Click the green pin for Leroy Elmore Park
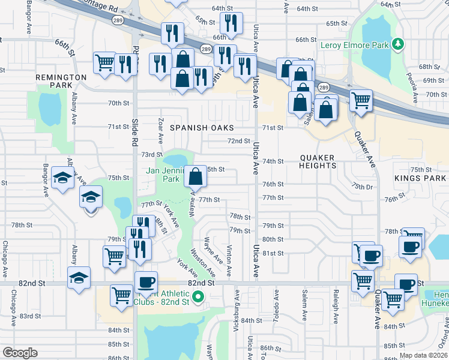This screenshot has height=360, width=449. point(397,44)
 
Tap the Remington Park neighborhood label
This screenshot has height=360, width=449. point(61,82)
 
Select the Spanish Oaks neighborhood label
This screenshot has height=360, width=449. point(201,128)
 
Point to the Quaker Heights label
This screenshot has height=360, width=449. point(317,161)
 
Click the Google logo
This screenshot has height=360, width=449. point(20,353)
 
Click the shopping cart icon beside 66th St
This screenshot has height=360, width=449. point(105,62)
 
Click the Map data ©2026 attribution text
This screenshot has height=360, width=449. point(423,355)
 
